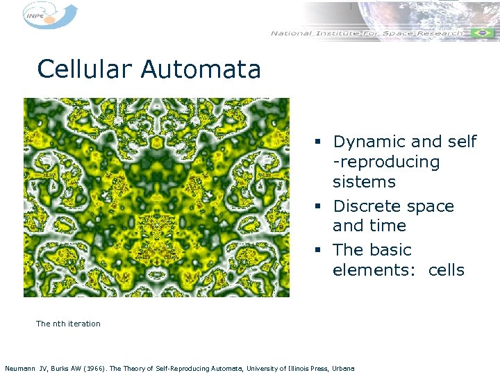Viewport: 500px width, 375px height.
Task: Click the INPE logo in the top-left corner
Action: coord(49,15)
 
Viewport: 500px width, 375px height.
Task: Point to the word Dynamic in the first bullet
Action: coord(369,142)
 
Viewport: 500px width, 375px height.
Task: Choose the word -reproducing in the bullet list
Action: coord(386,162)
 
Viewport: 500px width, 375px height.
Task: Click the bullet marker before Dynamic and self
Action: coord(317,142)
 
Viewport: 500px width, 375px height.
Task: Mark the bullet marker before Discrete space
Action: coord(317,207)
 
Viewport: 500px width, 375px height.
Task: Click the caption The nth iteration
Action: coord(68,324)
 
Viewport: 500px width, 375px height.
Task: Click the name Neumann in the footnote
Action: coord(20,368)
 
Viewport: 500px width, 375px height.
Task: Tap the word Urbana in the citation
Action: coord(343,368)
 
